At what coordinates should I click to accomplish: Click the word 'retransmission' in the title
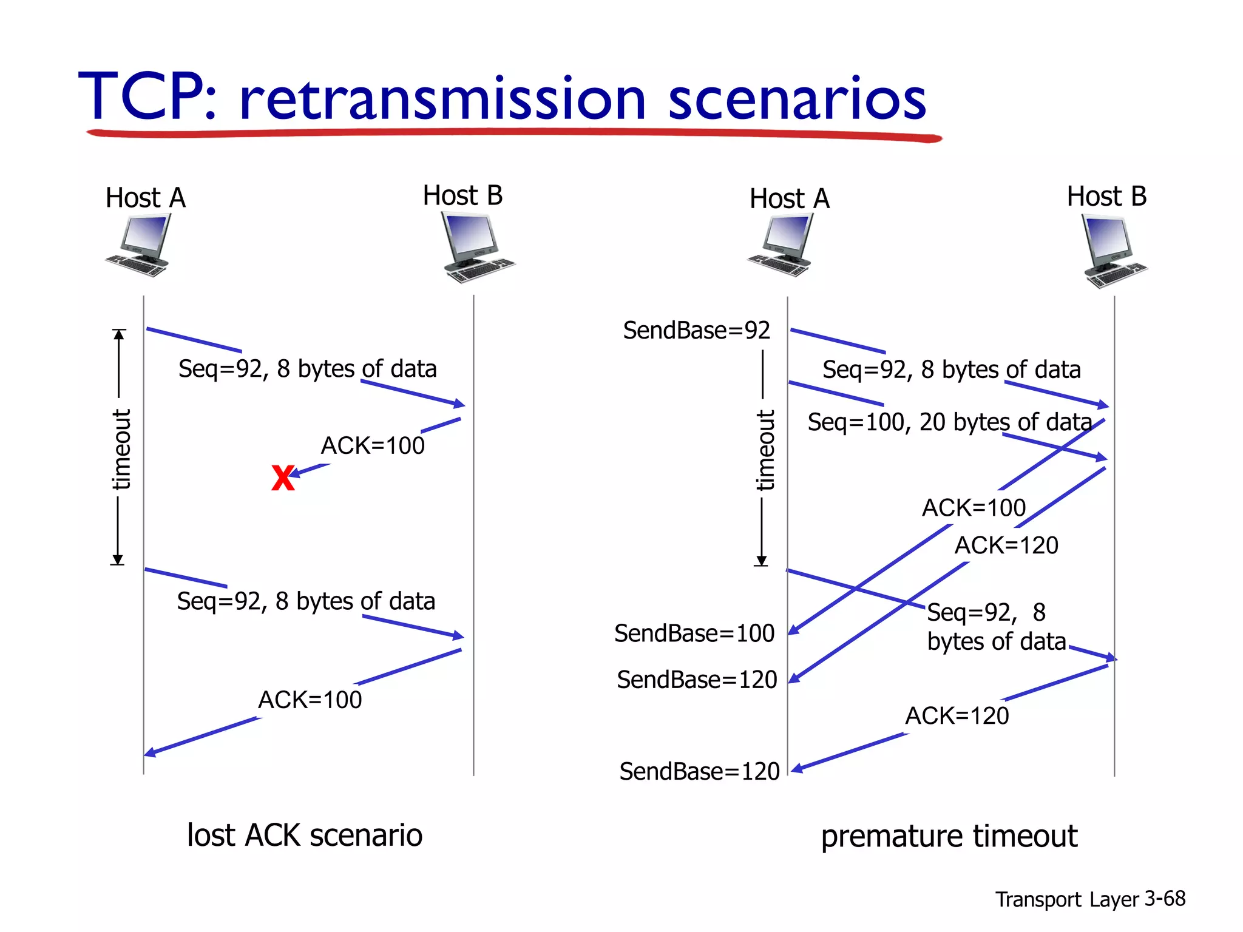(442, 99)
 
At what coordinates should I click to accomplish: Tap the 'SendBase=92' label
(696, 331)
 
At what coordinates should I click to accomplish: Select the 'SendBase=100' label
(694, 633)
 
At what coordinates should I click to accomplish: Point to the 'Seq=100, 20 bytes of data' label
(949, 422)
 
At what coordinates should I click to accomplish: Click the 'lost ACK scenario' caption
(304, 835)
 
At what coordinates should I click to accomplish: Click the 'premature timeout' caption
(949, 836)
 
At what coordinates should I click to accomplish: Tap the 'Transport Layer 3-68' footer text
(1089, 899)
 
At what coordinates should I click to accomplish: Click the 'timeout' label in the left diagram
(121, 449)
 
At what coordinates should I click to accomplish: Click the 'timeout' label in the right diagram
(765, 450)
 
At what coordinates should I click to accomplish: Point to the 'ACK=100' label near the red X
(372, 446)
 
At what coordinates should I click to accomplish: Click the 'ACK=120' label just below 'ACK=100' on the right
(1006, 545)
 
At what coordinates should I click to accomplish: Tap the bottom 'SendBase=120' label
(699, 772)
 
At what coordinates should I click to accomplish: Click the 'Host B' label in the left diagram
(462, 196)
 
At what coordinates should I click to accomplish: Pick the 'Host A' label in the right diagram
(789, 199)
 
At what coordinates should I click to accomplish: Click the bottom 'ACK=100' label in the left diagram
(310, 700)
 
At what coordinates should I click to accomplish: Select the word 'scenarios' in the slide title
(797, 99)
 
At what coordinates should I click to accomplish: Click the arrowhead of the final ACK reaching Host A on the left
(149, 753)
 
